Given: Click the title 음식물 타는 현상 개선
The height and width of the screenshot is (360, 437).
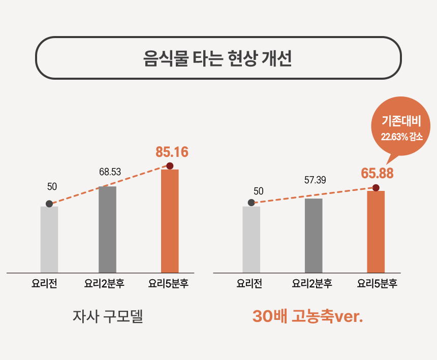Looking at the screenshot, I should click(x=218, y=58).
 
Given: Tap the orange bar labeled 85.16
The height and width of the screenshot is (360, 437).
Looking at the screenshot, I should click(x=170, y=221).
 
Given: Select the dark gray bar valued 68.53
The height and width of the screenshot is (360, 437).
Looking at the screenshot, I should click(x=107, y=229).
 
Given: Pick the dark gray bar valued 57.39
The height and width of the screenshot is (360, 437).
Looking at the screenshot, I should click(x=314, y=235).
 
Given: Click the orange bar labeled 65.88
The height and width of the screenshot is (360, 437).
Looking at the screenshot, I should click(x=376, y=232).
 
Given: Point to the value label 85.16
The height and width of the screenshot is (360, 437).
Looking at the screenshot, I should click(x=172, y=152).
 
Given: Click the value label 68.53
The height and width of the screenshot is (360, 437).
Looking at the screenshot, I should click(x=110, y=172).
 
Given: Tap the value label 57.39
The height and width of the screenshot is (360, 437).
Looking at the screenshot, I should click(x=315, y=180).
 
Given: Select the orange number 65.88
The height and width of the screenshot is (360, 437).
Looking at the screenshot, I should click(x=377, y=173).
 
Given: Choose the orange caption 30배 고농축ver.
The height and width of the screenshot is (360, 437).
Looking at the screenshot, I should click(x=308, y=316).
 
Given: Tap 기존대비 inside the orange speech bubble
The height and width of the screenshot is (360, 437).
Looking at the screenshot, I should click(x=401, y=122).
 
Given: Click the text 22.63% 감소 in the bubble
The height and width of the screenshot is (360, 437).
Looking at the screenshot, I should click(x=401, y=137).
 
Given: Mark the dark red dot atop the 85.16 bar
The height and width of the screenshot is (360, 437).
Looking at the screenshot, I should click(x=170, y=166).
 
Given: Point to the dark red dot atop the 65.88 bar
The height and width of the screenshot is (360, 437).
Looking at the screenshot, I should click(x=376, y=188).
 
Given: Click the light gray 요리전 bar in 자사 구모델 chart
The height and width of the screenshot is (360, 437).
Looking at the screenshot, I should click(x=49, y=239).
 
